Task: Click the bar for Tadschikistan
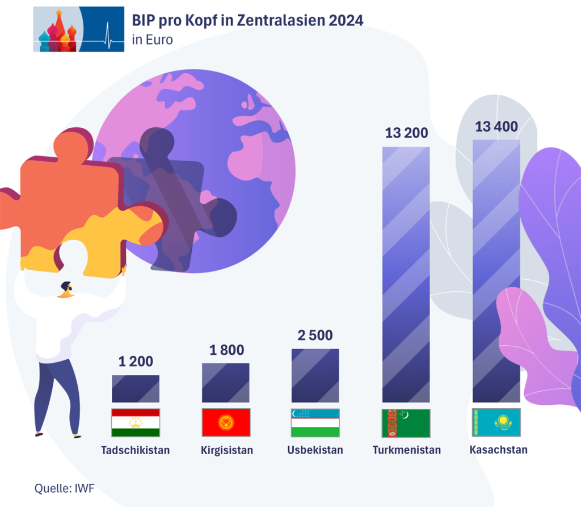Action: pos(136,389)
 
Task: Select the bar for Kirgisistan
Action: pos(225,383)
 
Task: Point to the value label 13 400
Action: pos(496,126)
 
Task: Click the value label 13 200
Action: pos(406,133)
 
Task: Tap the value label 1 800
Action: pos(226,350)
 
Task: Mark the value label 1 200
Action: pos(136,361)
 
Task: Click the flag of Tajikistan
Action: pos(136,422)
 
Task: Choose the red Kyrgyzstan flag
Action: pos(226,422)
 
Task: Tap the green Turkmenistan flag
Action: pos(406,422)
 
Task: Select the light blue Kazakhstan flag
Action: pos(496,422)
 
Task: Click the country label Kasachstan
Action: pos(499,450)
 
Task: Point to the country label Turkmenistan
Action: pos(407,450)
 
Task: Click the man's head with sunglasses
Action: pos(66,289)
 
